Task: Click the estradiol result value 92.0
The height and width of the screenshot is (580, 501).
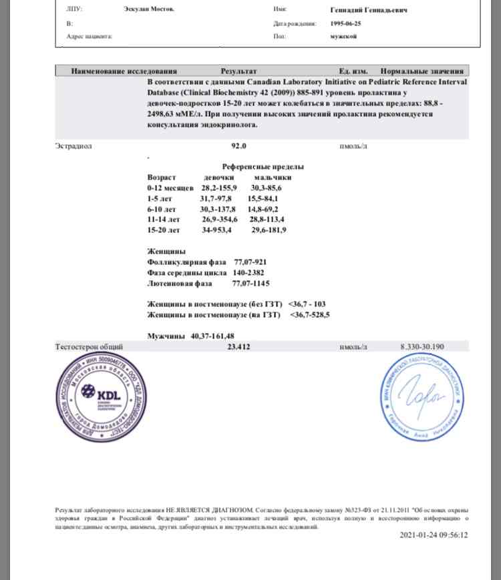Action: click(x=239, y=146)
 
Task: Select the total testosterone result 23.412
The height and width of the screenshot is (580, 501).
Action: click(x=239, y=347)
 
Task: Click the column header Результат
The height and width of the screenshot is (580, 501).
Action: click(x=238, y=70)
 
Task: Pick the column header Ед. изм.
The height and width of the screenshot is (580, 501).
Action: click(x=354, y=70)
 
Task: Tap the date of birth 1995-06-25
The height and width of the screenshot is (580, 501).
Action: click(x=346, y=23)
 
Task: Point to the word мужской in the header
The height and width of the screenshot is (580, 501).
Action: click(x=344, y=36)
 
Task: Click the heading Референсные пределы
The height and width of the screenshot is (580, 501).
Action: click(x=262, y=166)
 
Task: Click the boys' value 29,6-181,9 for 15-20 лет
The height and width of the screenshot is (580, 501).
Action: click(x=269, y=230)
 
